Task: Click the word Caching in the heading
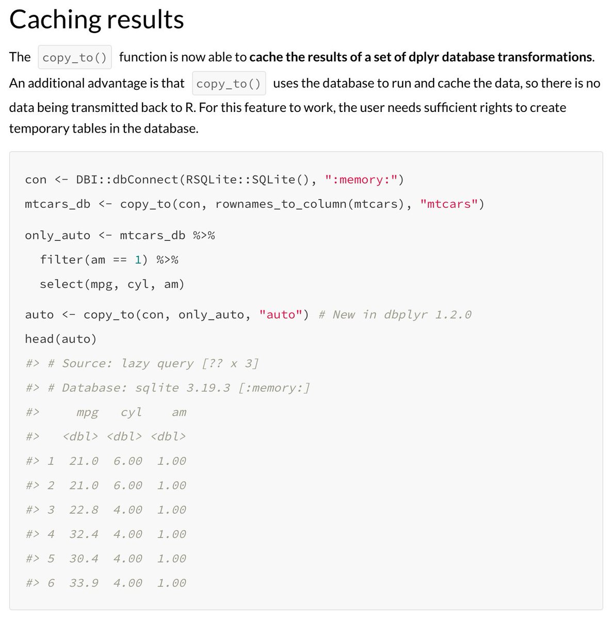pos(54,20)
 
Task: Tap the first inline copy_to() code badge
pos(74,57)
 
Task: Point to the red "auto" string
pos(281,315)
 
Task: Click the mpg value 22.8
pos(84,510)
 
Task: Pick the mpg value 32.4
pos(84,534)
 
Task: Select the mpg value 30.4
pos(84,559)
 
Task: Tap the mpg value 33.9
pos(84,583)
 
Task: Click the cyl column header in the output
pos(131,412)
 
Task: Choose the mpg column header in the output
pos(87,412)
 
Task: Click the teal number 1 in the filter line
pos(138,259)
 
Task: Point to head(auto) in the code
pos(61,339)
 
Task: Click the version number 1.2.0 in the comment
pos(453,315)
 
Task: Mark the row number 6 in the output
pos(51,583)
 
